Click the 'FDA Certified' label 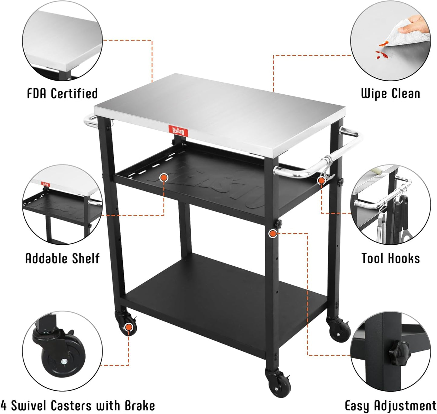pyautogui.click(x=62, y=93)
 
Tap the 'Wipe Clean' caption pyautogui.click(x=390, y=93)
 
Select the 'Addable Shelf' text pyautogui.click(x=62, y=259)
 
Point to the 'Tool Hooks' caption pyautogui.click(x=390, y=259)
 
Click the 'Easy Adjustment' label pyautogui.click(x=390, y=406)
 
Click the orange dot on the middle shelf pyautogui.click(x=164, y=178)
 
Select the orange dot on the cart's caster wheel pyautogui.click(x=129, y=327)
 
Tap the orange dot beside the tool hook pyautogui.click(x=321, y=181)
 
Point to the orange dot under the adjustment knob pyautogui.click(x=273, y=233)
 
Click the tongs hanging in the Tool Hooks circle pyautogui.click(x=382, y=227)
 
